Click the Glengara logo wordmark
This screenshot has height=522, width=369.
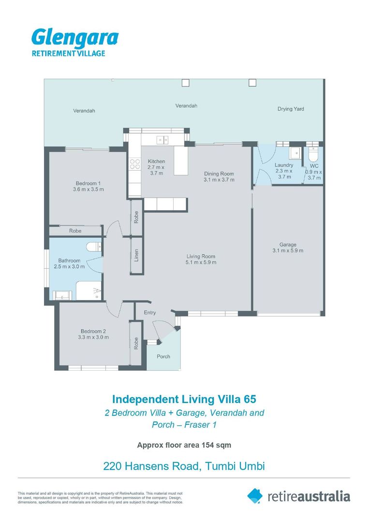point(75,38)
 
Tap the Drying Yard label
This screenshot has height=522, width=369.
point(291,109)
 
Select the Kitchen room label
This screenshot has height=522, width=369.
point(156,161)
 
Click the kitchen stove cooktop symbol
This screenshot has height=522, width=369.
point(135,164)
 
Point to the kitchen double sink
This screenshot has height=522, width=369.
point(162,140)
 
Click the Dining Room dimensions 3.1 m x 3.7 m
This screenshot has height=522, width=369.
point(219,180)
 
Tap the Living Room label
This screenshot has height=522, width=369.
point(201,256)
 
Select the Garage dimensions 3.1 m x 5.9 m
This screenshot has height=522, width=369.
point(288,251)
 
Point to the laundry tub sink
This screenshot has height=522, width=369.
point(295,153)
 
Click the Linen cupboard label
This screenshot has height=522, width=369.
point(136,255)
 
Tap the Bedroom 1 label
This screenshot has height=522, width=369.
point(88,183)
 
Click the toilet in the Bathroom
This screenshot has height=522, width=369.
point(94,247)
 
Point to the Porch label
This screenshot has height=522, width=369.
point(163,357)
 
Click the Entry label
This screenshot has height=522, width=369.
point(150,313)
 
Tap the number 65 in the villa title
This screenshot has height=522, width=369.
point(250,399)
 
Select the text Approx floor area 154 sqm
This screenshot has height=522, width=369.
point(184,445)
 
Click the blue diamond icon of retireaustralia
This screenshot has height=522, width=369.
point(255,496)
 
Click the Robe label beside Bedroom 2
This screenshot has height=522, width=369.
point(136,344)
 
